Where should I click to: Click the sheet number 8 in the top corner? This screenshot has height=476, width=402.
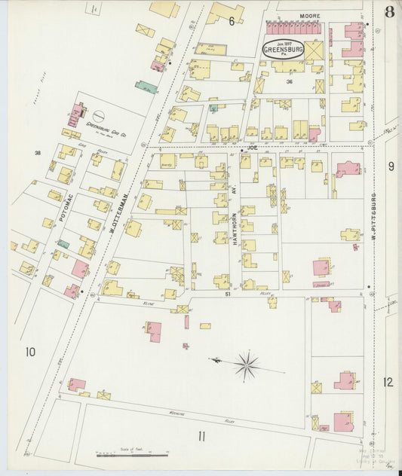point(388,12)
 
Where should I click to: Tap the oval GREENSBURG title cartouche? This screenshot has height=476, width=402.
point(283,49)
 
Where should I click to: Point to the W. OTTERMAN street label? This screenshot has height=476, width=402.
point(121,213)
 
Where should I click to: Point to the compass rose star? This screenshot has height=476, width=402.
point(246,366)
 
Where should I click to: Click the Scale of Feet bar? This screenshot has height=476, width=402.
point(132,455)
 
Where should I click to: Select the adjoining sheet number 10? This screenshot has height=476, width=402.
point(30,352)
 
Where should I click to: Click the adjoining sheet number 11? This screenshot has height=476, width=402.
point(201,436)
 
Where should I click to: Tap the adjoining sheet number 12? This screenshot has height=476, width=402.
point(388,382)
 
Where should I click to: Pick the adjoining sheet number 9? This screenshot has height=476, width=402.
point(391,166)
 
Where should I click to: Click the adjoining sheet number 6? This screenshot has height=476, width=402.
point(232,22)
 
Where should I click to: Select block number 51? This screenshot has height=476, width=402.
point(226,296)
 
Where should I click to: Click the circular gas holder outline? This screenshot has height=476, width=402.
point(99,116)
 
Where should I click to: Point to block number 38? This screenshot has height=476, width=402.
point(36,153)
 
